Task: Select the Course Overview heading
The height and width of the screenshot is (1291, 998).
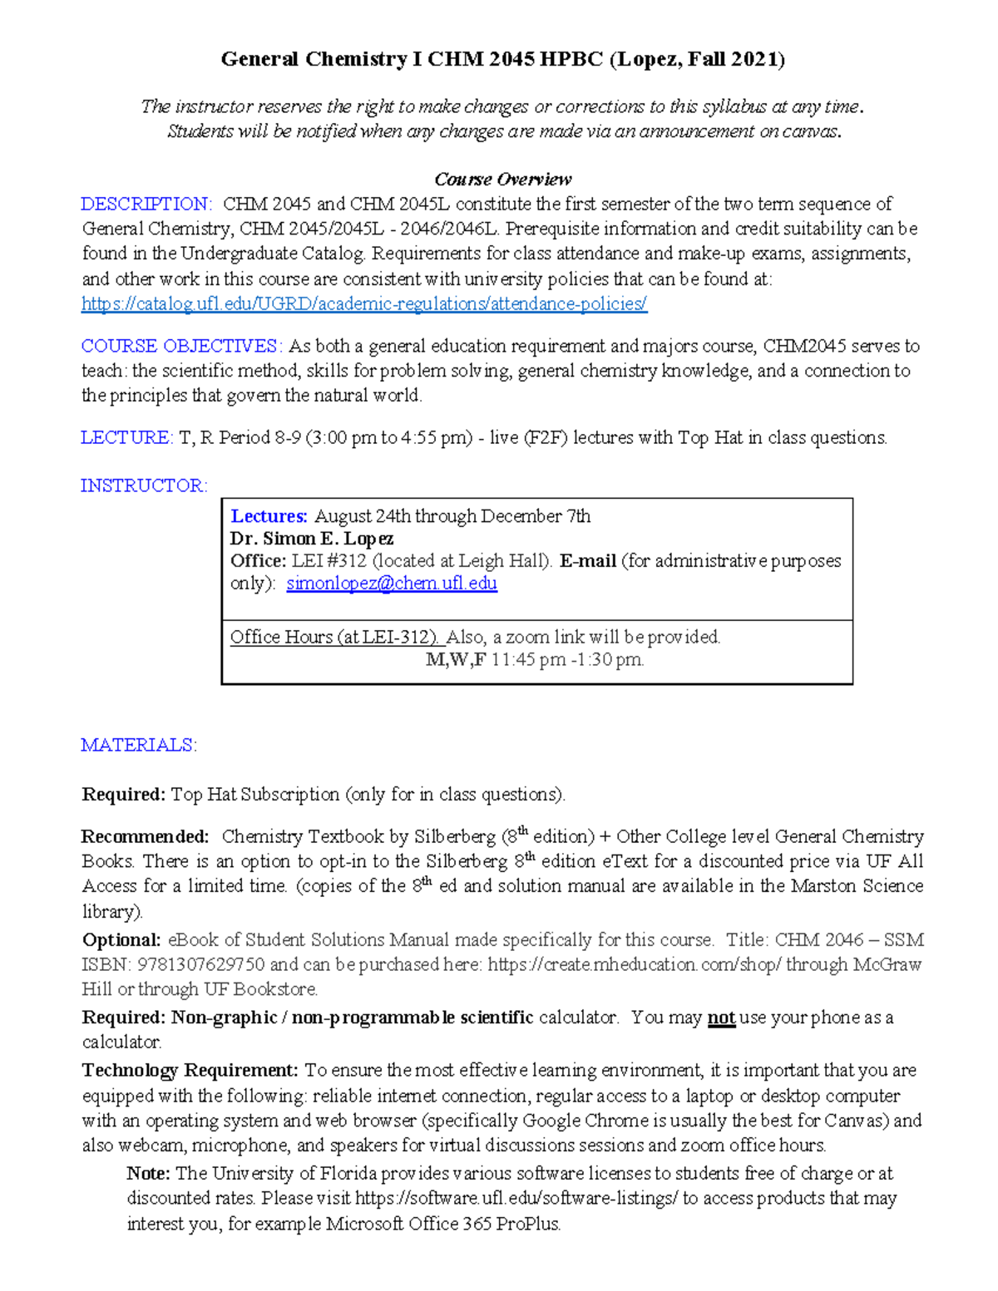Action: tap(502, 180)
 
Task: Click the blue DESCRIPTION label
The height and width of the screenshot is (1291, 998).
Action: tap(146, 204)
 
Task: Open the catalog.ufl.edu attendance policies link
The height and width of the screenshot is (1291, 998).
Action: tap(363, 304)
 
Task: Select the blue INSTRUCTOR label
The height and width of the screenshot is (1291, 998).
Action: tap(144, 485)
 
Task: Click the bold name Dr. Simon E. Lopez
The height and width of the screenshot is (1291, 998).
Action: tap(312, 539)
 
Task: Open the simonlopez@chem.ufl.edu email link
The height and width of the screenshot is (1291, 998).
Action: tap(392, 584)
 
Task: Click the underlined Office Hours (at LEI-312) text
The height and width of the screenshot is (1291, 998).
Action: tap(334, 638)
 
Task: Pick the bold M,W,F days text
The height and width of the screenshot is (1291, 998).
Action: tap(455, 660)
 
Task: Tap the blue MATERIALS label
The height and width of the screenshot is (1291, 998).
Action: tap(138, 745)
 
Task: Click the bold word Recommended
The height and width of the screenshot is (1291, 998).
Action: tap(145, 836)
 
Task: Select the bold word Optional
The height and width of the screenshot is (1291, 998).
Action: tap(121, 940)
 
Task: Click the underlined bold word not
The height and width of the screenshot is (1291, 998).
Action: tap(721, 1018)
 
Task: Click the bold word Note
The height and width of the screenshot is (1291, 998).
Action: tap(148, 1173)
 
